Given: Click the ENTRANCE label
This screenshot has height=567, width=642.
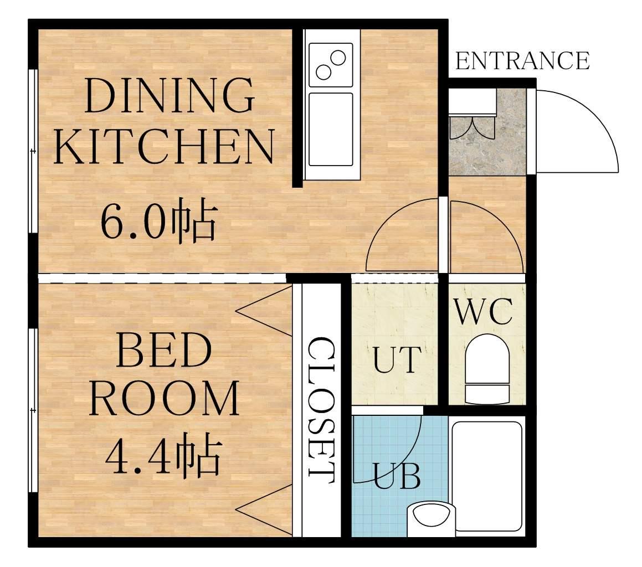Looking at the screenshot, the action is [x=522, y=61].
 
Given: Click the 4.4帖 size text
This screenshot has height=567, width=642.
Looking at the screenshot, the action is [x=163, y=455].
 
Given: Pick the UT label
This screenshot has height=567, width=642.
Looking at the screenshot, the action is [x=397, y=359].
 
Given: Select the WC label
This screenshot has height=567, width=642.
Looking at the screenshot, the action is [x=484, y=312].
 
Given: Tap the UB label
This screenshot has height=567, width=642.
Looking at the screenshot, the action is [x=397, y=476].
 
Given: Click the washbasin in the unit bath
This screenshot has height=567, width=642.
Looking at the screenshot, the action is [x=431, y=518].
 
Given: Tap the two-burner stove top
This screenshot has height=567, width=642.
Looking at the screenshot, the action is [x=331, y=65].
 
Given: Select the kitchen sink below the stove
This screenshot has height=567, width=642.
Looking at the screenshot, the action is [x=331, y=130].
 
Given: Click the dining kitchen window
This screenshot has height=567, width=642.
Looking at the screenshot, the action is [x=33, y=152].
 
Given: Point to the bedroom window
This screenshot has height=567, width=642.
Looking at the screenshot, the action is [x=33, y=410].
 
